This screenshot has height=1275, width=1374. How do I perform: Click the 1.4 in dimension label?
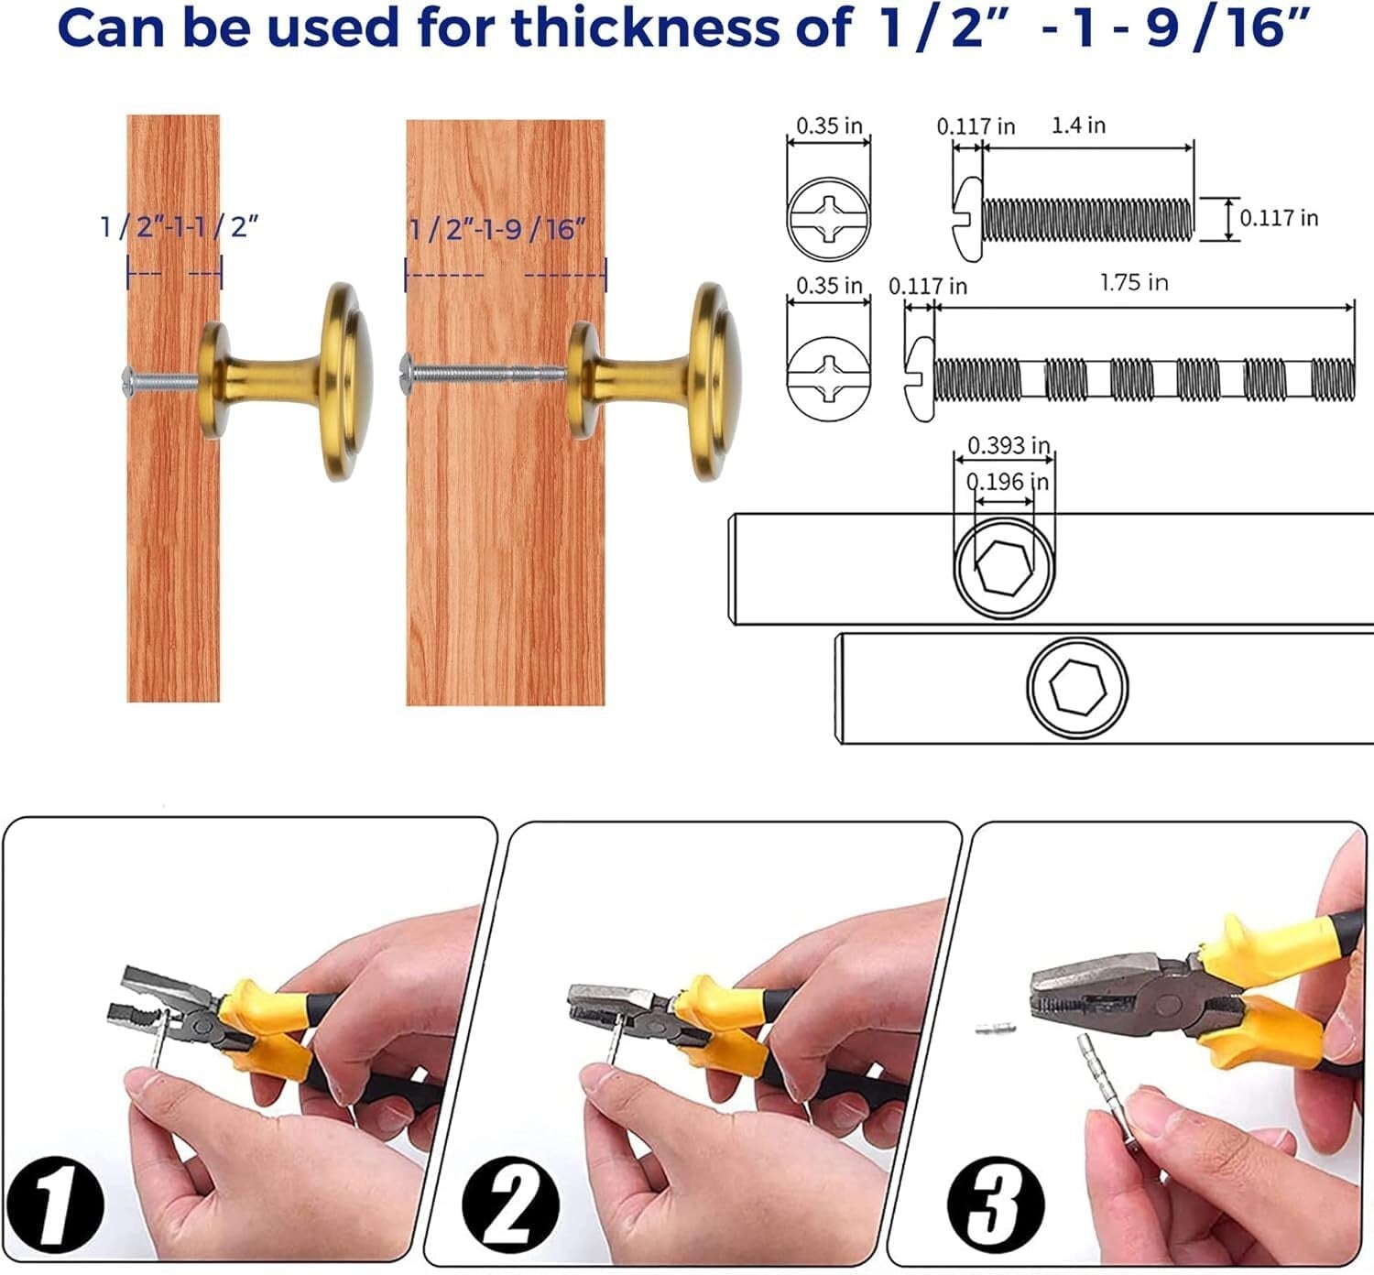click(1078, 125)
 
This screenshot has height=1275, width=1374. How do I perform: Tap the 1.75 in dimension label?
click(1135, 282)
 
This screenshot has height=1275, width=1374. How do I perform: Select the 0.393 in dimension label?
click(1009, 445)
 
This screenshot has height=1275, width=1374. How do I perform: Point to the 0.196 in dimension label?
click(1008, 481)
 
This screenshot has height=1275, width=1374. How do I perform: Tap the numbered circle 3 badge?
click(996, 1205)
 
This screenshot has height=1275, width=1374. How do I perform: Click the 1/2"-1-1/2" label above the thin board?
click(180, 227)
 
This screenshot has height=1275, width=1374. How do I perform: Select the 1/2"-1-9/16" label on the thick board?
click(497, 229)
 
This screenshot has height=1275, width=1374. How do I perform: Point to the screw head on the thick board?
click(406, 374)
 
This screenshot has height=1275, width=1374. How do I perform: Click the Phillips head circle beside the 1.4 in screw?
click(829, 218)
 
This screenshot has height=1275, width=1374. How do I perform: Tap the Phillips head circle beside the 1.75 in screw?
click(829, 378)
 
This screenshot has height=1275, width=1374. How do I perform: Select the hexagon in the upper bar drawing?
click(1004, 567)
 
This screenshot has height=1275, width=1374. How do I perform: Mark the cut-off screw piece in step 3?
click(996, 1029)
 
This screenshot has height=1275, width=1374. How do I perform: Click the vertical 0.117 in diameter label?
click(1279, 218)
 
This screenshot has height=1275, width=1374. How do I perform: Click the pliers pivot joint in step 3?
click(1167, 1004)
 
